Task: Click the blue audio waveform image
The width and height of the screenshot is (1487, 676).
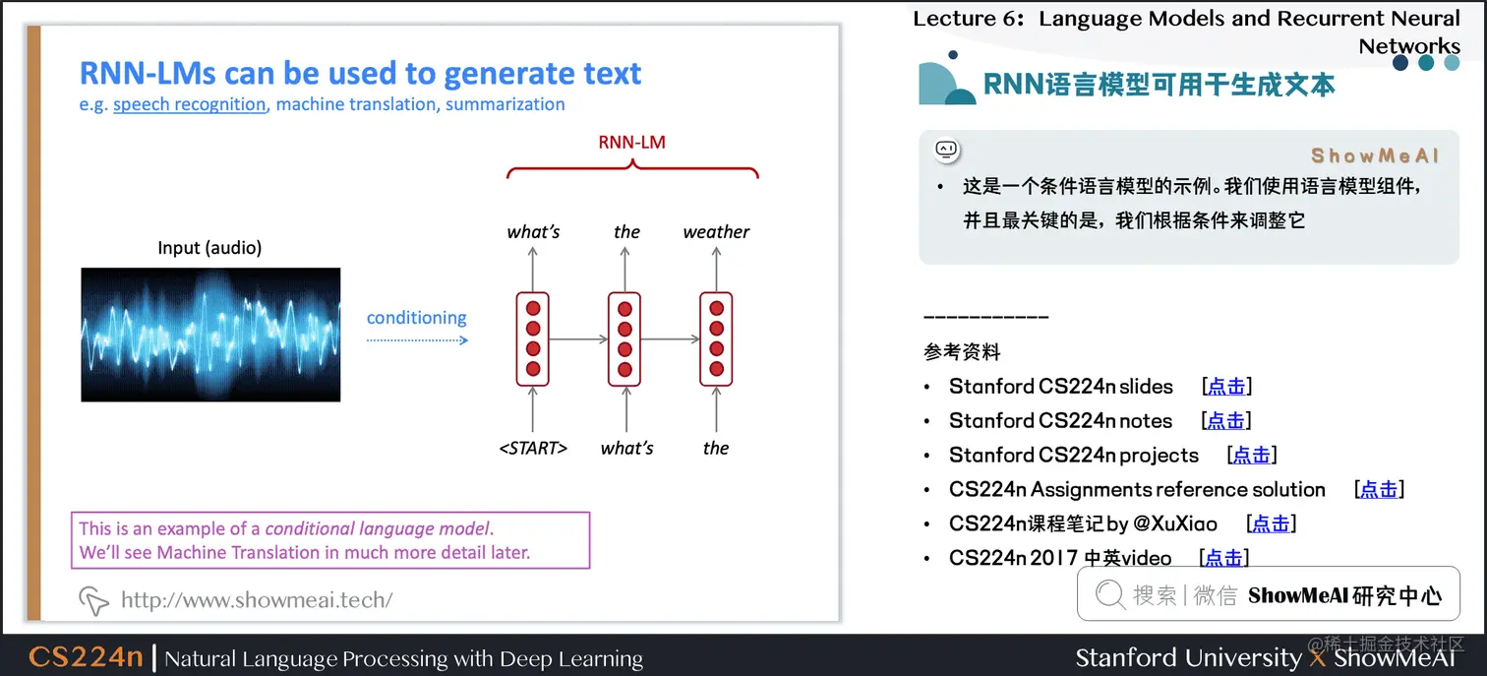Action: coord(210,335)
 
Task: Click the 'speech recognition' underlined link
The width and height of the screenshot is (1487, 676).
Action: coord(190,104)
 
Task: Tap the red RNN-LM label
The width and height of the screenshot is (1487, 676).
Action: coord(631,142)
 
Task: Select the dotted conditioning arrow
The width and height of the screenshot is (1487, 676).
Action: coord(417,339)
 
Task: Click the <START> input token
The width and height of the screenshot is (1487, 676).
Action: coord(533,449)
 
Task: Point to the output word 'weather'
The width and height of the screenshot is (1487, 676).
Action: coord(716,232)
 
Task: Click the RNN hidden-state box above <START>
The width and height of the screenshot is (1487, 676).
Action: coord(533,338)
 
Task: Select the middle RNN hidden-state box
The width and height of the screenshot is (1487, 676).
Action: coord(625,338)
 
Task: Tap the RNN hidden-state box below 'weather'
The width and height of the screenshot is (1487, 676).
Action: coord(716,338)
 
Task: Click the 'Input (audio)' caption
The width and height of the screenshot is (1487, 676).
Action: coord(209,248)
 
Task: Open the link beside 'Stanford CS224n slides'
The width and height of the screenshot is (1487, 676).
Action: coord(1226,387)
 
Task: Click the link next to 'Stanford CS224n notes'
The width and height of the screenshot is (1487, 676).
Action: coord(1225,421)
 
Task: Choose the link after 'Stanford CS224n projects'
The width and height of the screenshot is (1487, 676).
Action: coord(1251,456)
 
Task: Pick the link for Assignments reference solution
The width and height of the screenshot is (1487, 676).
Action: coord(1378,490)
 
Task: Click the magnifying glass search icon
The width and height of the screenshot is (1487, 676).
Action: coord(1110,594)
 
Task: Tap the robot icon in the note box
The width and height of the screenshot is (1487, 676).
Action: coord(946,150)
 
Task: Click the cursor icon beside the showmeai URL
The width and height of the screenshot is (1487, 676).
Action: coord(93,599)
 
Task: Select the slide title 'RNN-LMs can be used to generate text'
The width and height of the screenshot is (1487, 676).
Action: coord(360,74)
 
